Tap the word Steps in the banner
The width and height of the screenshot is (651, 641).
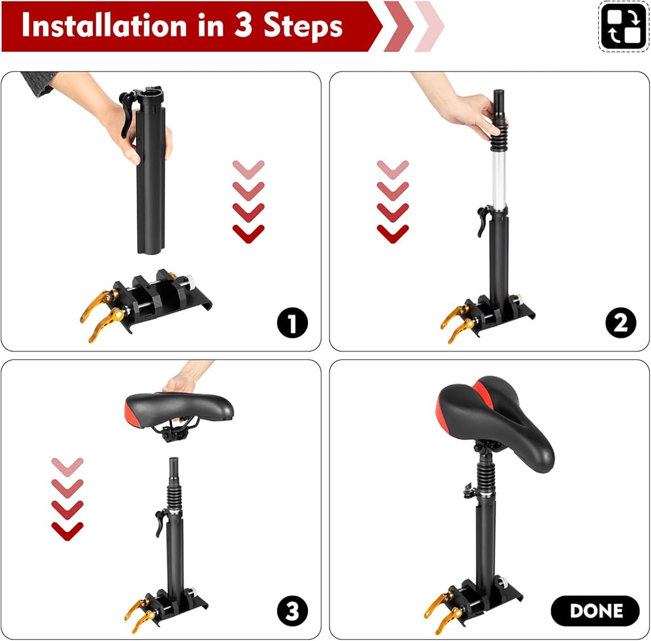point(303,26)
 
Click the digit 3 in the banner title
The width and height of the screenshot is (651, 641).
point(243,25)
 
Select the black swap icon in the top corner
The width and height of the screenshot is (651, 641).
point(623,27)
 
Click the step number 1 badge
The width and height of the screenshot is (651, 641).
point(292,323)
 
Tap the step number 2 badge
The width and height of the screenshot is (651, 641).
point(620,323)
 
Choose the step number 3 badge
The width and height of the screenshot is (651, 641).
point(292,610)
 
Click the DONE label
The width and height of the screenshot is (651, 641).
point(596,610)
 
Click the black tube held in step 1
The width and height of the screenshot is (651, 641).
point(150,170)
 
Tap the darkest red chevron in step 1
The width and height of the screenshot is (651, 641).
point(248,234)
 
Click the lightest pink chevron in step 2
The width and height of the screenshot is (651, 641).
point(393,169)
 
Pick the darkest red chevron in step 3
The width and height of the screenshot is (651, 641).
point(67,531)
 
